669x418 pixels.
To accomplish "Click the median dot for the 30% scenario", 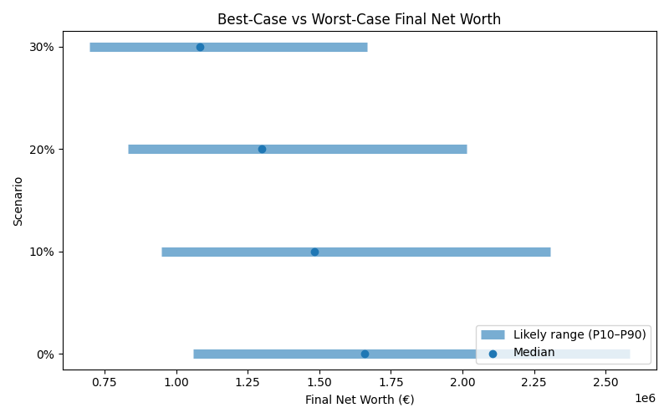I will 200,47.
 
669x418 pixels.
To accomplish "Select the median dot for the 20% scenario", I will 262,149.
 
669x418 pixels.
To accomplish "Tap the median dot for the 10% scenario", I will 314,252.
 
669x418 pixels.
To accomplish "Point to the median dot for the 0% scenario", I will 365,354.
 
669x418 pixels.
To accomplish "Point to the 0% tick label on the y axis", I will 45,354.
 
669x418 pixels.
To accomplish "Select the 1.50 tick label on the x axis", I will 319,383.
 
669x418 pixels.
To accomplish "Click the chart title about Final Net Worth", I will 359,19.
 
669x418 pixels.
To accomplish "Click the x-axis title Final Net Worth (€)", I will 360,400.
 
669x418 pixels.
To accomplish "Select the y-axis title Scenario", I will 18,201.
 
